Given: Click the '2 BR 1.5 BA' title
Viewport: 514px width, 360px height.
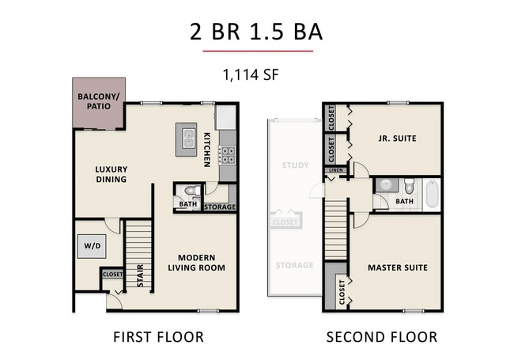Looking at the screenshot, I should pos(257,32).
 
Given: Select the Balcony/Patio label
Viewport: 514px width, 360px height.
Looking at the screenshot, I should pos(98,102).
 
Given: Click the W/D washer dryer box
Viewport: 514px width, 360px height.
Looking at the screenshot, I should pos(92,246).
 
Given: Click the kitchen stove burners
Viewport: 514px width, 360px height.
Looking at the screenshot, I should pos(227,157).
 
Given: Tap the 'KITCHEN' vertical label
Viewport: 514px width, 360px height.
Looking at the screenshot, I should pos(206,149).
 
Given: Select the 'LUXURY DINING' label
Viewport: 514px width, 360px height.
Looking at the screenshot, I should pos(111,174).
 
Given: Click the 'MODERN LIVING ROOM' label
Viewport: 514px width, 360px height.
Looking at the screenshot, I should pos(201,263).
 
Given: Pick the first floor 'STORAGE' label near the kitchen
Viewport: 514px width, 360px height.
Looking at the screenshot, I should pos(220,207).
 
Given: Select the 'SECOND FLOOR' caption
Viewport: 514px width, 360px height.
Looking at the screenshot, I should pos(382,337).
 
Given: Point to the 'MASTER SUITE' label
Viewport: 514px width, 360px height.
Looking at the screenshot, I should pos(397,267).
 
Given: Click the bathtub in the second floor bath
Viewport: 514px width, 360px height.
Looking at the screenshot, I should pos(432,194).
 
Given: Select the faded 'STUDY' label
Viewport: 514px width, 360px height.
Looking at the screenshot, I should pos(294,165).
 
